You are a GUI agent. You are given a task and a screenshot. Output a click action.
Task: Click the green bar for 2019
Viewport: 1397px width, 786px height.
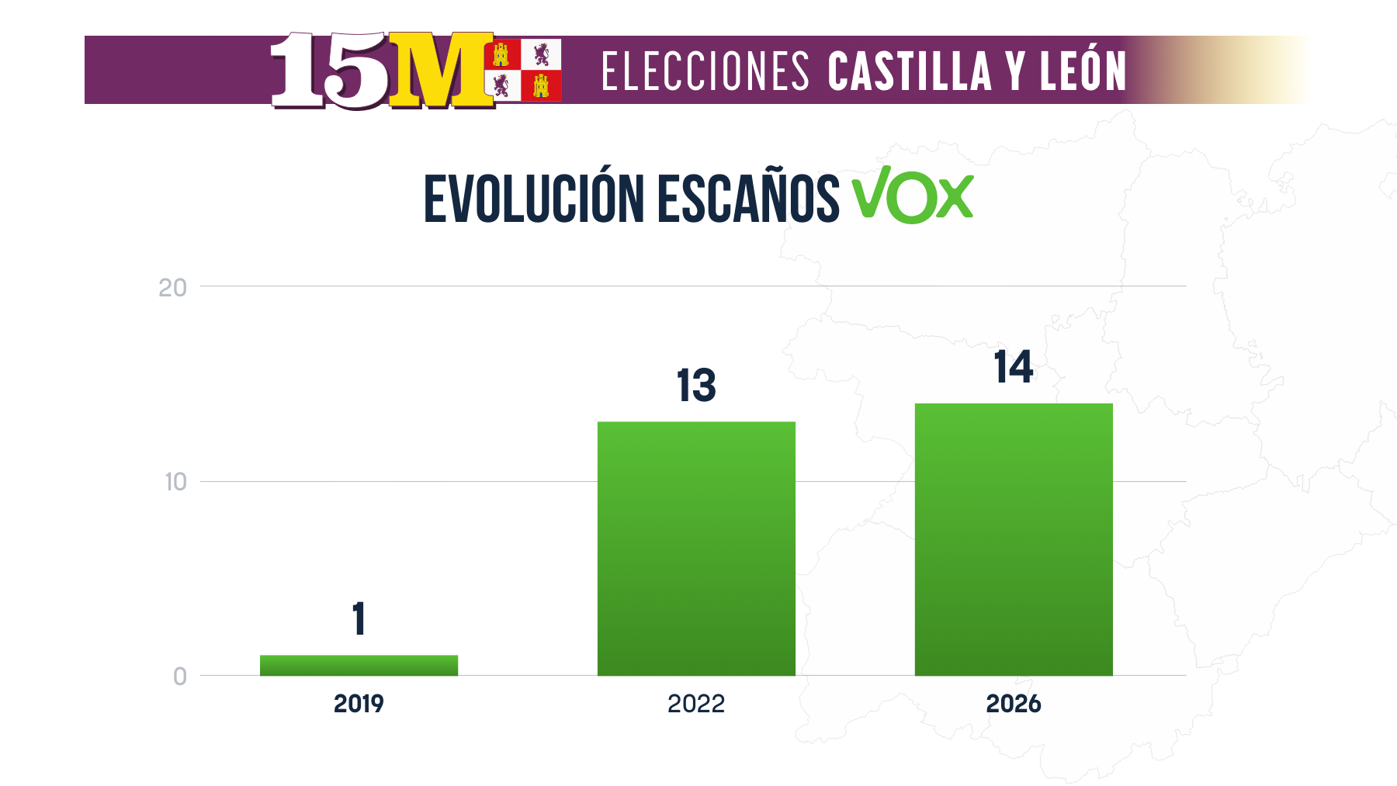coord(359,665)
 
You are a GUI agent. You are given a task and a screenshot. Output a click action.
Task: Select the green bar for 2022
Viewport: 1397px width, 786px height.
coord(696,548)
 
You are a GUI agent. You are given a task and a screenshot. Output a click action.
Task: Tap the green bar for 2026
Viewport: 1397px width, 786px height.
coord(1014,538)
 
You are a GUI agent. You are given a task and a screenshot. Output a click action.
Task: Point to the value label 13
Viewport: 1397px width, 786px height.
coord(696,386)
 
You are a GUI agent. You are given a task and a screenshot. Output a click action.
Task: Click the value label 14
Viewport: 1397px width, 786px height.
coord(1014,367)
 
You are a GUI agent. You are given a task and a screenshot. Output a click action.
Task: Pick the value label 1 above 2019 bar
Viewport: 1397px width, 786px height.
coord(359,619)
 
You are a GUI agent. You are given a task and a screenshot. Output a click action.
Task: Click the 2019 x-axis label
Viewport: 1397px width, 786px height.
coord(359,704)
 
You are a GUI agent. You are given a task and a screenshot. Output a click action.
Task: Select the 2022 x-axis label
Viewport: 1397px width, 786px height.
coord(696,704)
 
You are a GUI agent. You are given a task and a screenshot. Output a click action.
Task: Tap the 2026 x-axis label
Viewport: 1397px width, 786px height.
coord(1014,704)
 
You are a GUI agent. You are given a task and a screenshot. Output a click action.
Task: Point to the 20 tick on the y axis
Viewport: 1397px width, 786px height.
coord(172,288)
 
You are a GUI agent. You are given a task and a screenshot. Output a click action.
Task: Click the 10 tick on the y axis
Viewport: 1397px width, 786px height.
coord(175,482)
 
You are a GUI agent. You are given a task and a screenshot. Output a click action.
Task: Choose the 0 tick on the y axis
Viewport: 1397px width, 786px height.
coord(180,677)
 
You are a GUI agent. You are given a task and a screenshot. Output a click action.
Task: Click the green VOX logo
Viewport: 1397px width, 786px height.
coord(913,196)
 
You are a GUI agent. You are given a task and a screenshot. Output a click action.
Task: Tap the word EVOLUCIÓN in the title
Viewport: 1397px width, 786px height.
coord(534,199)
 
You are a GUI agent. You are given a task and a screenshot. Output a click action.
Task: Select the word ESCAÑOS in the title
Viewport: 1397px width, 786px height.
coord(748,199)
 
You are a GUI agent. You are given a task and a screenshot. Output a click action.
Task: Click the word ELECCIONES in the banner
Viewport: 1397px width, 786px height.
coord(705,71)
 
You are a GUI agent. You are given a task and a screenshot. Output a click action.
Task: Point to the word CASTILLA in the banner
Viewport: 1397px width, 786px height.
coord(910,71)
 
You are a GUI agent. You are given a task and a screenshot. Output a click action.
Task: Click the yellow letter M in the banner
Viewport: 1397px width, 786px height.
coord(441,70)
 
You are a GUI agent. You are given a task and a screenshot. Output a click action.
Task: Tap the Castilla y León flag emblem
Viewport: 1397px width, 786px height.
coord(522,70)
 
